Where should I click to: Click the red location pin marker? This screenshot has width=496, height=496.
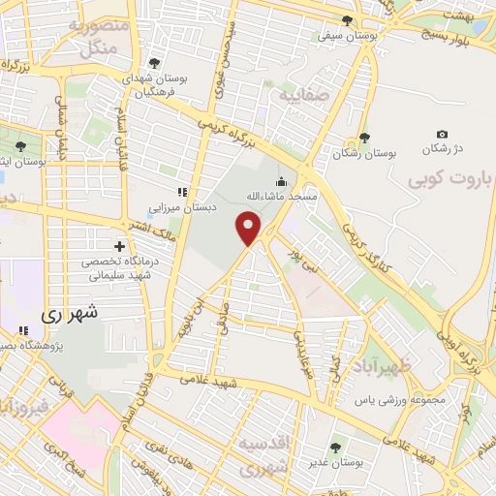[249, 229]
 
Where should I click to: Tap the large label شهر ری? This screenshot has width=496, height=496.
[70, 315]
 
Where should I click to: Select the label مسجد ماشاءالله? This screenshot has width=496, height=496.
[281, 196]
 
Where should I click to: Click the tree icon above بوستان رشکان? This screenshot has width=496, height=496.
[364, 138]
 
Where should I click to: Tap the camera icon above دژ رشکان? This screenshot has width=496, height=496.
[443, 135]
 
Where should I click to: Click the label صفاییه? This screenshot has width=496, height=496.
[297, 97]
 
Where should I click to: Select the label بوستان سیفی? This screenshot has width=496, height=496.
[347, 35]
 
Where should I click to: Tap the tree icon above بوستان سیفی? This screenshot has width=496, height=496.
[348, 19]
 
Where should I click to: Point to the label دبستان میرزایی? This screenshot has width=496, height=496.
[178, 206]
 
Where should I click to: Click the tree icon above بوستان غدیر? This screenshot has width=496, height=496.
[335, 448]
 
